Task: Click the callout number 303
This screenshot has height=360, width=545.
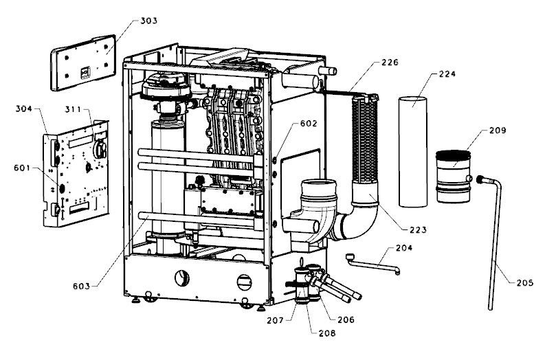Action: (x=149, y=21)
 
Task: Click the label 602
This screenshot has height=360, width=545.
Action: (x=309, y=124)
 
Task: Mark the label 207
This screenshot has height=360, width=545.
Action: (x=276, y=319)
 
